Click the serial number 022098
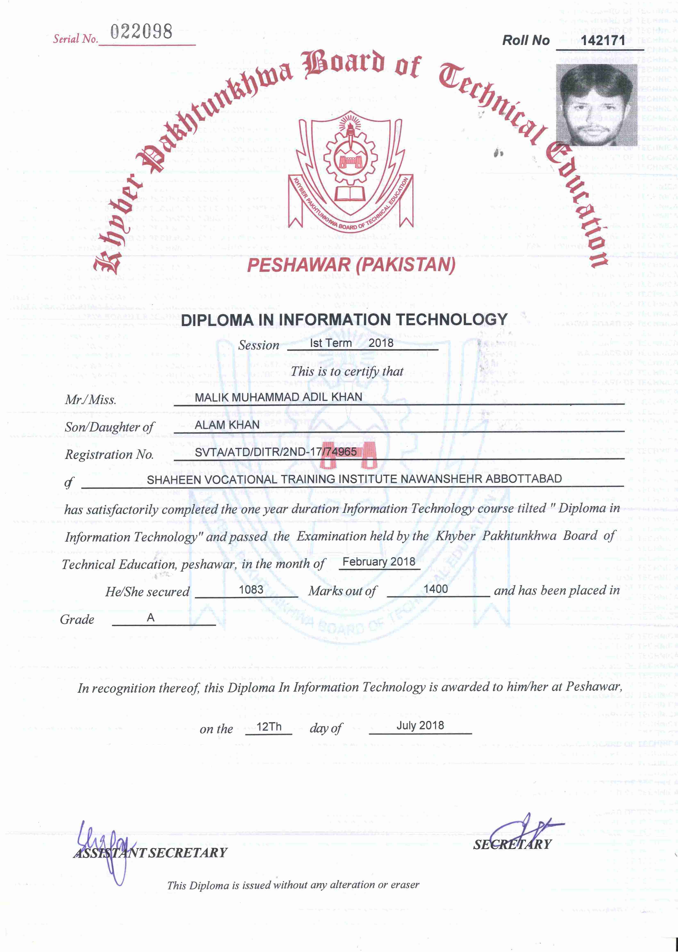point(141,32)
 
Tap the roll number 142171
point(602,41)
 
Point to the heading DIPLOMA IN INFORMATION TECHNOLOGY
point(344,320)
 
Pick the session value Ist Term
point(331,343)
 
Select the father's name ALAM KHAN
point(227,425)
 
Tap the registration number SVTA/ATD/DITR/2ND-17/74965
point(276,452)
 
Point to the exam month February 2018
point(379,562)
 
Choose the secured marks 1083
point(251,590)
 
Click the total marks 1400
point(435,589)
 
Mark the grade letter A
point(151,618)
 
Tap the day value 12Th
point(269,727)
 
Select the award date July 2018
point(420,725)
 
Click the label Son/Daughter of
point(109,427)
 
